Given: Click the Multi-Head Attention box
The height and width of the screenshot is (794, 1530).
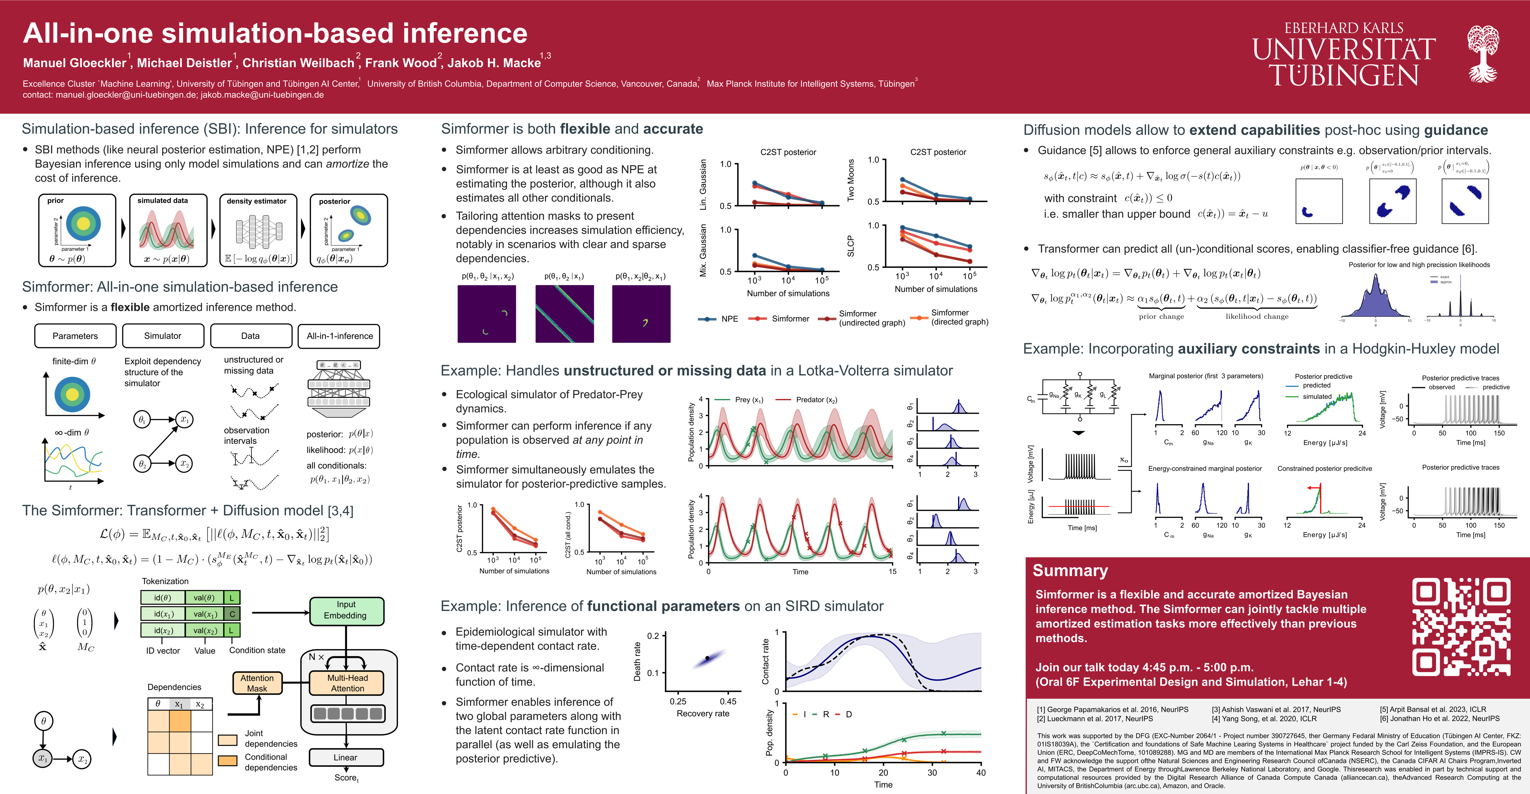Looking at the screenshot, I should (x=348, y=683).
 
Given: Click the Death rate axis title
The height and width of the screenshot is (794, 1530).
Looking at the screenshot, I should (x=637, y=661).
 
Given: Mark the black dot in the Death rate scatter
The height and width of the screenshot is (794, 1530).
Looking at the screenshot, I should (x=707, y=658).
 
